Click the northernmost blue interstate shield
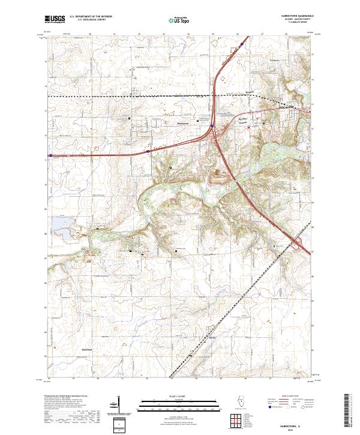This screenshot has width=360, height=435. [242, 44]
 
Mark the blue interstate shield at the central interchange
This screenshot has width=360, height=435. [212, 126]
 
